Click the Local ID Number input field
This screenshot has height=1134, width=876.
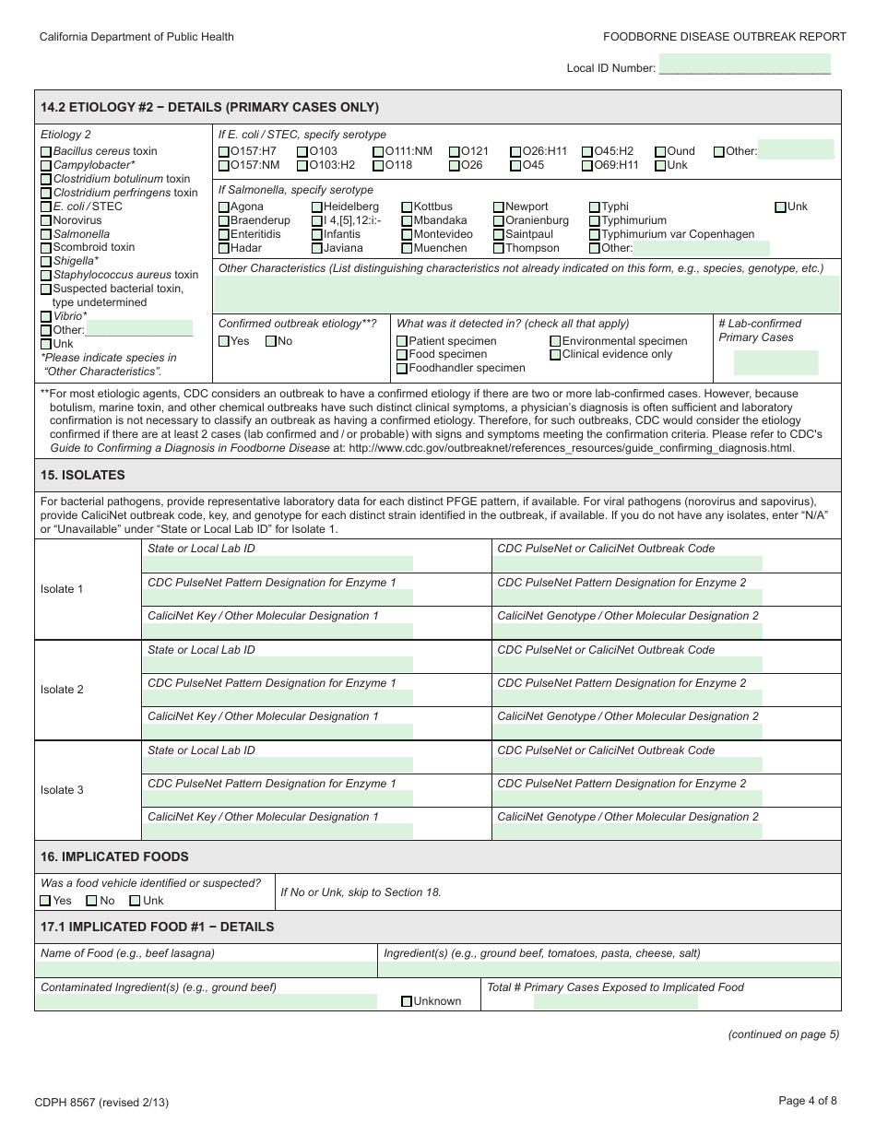[x=745, y=65]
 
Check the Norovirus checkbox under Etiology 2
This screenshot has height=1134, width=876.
[x=46, y=220]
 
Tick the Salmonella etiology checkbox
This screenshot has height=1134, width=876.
[x=46, y=234]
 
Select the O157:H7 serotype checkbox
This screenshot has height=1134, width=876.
[x=224, y=151]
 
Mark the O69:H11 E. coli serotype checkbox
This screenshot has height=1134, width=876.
[x=587, y=166]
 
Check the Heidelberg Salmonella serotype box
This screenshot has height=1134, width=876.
[x=317, y=207]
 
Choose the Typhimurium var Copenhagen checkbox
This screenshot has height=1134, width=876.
[x=595, y=235]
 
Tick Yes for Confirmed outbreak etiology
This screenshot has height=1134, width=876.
[x=224, y=341]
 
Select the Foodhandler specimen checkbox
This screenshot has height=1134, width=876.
[x=402, y=369]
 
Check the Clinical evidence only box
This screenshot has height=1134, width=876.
[x=555, y=355]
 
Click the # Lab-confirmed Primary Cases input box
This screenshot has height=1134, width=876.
[x=775, y=362]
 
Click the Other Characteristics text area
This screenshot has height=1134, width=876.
[x=527, y=295]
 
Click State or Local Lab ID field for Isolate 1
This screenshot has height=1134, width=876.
[x=278, y=563]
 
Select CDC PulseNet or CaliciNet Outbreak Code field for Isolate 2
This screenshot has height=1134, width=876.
[x=627, y=664]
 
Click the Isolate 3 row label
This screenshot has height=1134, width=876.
[x=62, y=790]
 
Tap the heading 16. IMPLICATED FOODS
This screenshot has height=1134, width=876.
[x=114, y=856]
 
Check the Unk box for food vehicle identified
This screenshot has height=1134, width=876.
[x=136, y=901]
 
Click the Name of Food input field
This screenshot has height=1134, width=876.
[x=206, y=969]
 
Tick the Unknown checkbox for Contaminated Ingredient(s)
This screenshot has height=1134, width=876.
[x=407, y=1001]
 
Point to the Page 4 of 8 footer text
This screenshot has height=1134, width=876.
[x=807, y=1100]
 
